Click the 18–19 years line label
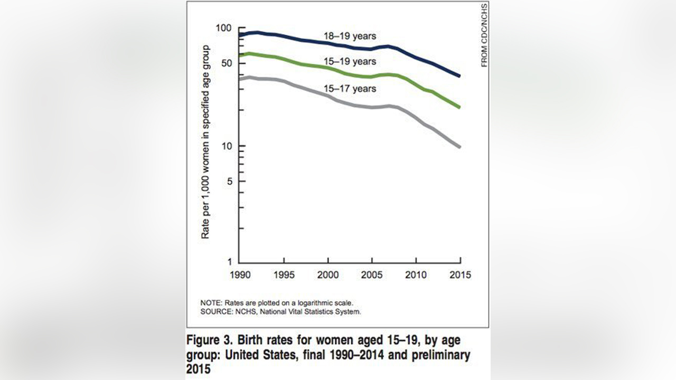pos(350,36)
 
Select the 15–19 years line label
pos(350,62)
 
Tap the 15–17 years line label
pos(350,89)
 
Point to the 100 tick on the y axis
pos(226,27)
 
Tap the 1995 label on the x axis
pos(284,275)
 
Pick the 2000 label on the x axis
pos(328,275)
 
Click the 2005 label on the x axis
pos(372,275)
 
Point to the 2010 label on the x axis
pos(416,275)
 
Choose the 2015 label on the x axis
pos(460,275)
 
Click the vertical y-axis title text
pos(205,142)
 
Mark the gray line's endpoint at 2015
pos(459,146)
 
